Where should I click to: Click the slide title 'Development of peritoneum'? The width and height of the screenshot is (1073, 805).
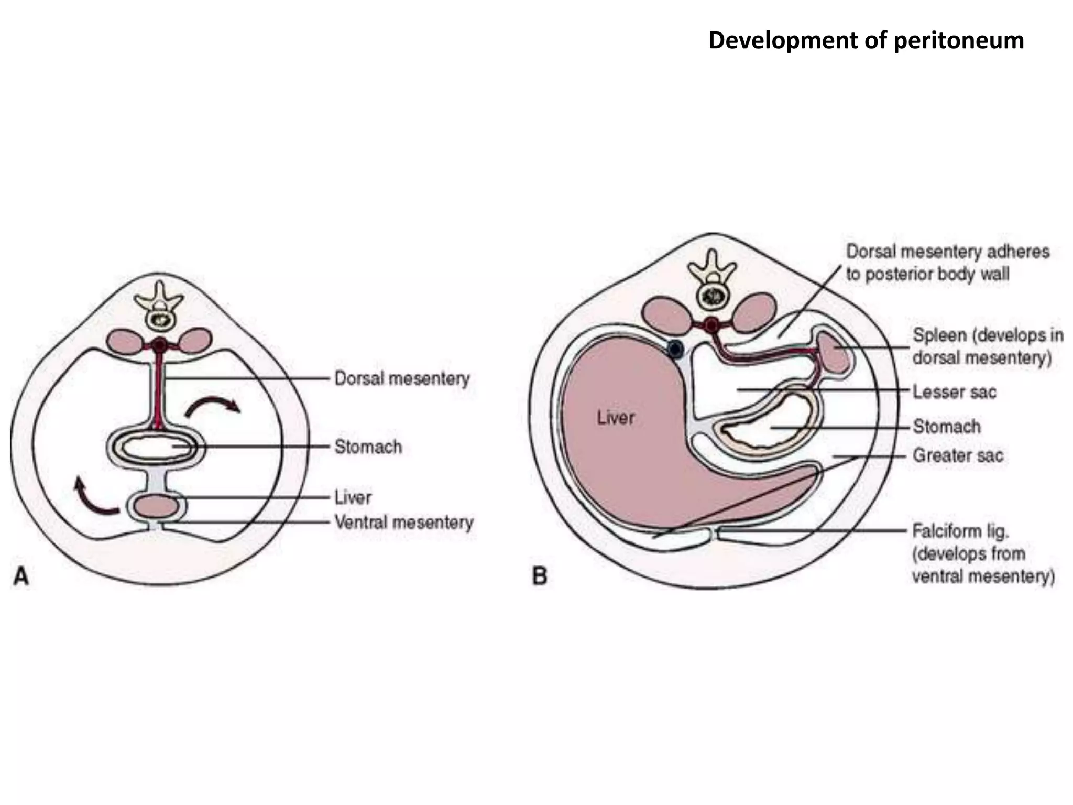click(x=866, y=40)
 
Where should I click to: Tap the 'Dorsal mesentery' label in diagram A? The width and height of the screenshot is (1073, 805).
click(x=402, y=378)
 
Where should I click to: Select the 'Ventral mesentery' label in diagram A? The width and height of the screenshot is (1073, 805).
click(x=403, y=522)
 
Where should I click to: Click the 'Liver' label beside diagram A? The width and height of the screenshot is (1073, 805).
click(x=353, y=497)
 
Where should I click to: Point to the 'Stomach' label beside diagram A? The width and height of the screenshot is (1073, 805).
click(x=368, y=447)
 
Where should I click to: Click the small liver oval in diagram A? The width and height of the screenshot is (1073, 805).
click(x=156, y=507)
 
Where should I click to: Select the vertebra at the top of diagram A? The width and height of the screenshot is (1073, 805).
click(x=158, y=309)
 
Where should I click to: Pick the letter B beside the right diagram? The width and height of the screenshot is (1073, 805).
click(x=540, y=576)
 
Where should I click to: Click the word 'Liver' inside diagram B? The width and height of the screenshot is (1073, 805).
click(x=615, y=418)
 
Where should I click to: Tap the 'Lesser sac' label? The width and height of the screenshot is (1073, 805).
click(x=954, y=392)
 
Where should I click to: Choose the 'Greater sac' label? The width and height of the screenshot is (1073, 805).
click(x=958, y=455)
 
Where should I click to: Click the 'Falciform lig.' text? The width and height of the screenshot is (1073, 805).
click(x=960, y=531)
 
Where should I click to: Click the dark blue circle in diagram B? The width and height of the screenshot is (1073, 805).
click(x=675, y=349)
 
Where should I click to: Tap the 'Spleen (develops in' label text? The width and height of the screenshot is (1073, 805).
click(x=988, y=335)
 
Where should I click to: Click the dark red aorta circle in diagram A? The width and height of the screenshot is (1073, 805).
click(x=160, y=345)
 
